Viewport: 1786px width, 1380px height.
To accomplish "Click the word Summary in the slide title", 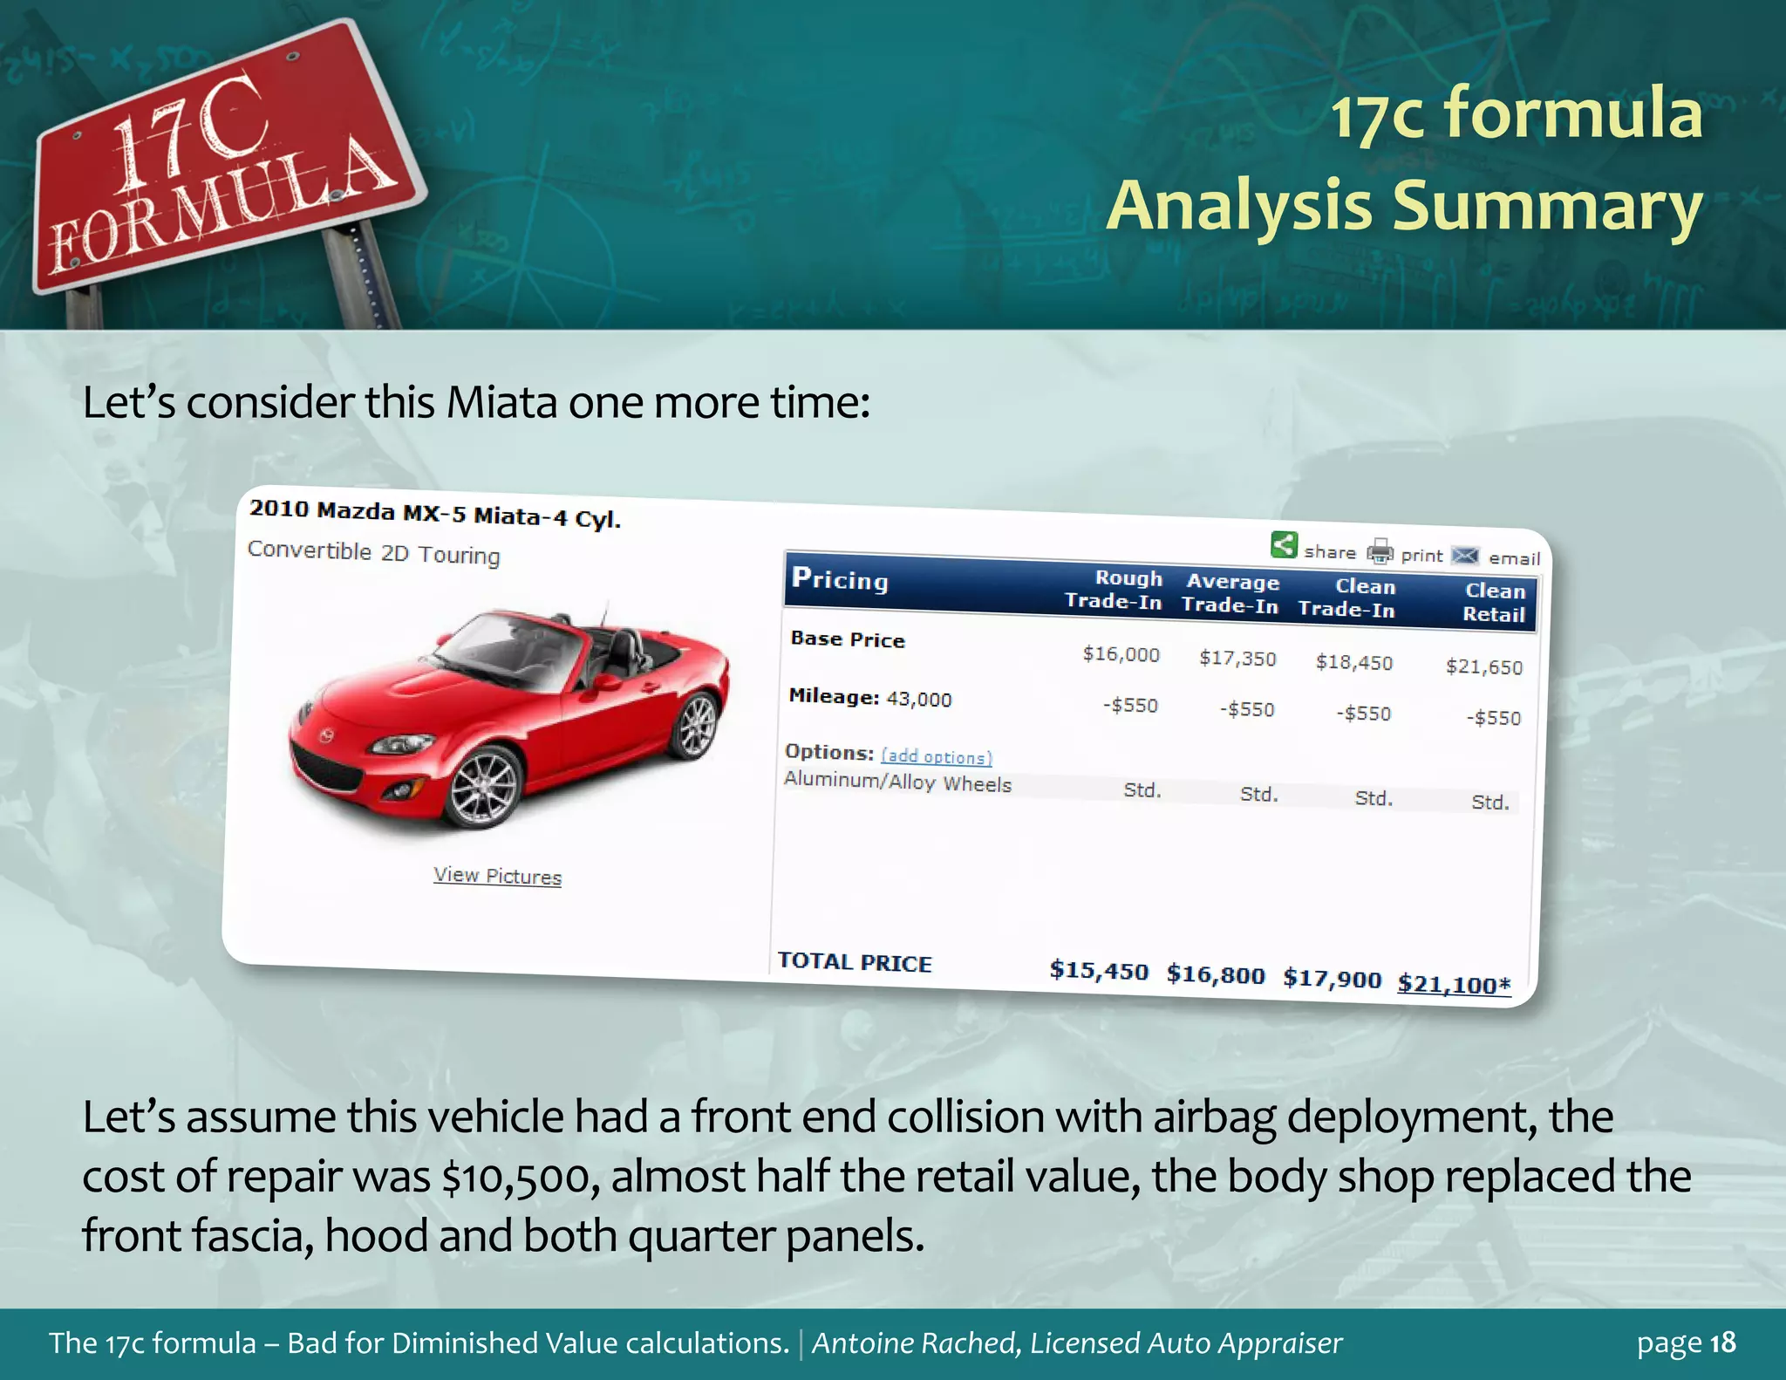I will click(x=1546, y=206).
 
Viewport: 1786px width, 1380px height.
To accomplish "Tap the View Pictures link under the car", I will click(x=497, y=876).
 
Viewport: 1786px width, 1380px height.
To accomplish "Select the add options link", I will click(x=936, y=756).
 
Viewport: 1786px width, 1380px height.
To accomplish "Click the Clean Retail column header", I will click(x=1494, y=602).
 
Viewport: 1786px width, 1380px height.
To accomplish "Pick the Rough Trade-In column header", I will click(x=1114, y=590).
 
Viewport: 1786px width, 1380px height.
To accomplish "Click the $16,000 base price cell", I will click(x=1121, y=654).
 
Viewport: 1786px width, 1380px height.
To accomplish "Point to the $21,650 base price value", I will click(x=1483, y=667).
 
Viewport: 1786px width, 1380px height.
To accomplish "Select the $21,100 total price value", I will click(x=1453, y=985).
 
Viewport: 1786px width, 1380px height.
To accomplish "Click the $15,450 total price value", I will click(x=1099, y=970).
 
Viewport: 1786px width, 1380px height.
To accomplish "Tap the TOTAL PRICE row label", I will click(x=854, y=962).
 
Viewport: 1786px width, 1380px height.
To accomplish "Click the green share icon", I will click(x=1284, y=545).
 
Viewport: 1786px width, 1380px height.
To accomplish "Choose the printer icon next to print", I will click(x=1380, y=551).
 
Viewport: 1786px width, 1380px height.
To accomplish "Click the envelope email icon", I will click(x=1465, y=556).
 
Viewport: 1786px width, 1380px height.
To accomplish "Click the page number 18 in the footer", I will click(x=1722, y=1342).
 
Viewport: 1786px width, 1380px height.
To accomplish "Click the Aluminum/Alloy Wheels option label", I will click(x=897, y=782).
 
